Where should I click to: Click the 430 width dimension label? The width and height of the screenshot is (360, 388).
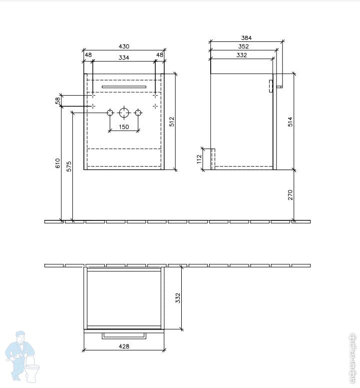pos(124,46)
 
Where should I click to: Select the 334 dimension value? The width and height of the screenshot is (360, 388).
pos(124,58)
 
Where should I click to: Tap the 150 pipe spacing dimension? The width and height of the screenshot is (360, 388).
pos(124,127)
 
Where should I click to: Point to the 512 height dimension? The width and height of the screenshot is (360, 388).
pos(172,122)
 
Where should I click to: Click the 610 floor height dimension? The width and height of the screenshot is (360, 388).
pos(57,163)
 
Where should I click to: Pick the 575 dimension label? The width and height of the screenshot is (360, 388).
pos(69,166)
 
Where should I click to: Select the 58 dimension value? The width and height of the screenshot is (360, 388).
pos(57,101)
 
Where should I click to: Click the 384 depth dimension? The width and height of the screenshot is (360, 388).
pos(246,38)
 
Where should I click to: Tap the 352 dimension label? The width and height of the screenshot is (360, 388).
pos(243,46)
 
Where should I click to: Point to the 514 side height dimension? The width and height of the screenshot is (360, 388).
pos(290,122)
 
